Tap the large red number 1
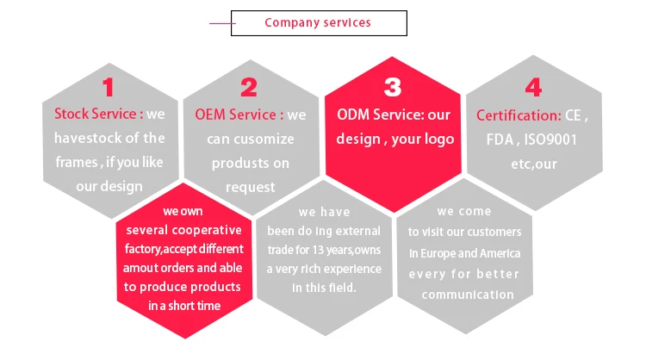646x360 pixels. click(108, 87)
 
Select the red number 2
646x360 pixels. click(249, 87)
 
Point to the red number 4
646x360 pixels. click(533, 87)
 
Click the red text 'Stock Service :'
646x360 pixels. click(98, 114)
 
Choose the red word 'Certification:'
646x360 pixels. click(519, 115)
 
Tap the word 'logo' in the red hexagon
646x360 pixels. click(436, 139)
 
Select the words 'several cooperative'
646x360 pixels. click(183, 230)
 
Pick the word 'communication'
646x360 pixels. click(468, 295)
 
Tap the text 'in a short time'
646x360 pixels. click(183, 306)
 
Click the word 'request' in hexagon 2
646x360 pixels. click(250, 186)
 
